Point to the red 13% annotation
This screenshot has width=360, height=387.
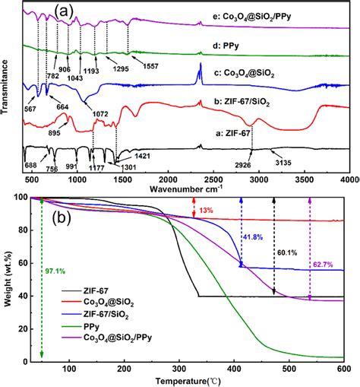pyautogui.click(x=206, y=209)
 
